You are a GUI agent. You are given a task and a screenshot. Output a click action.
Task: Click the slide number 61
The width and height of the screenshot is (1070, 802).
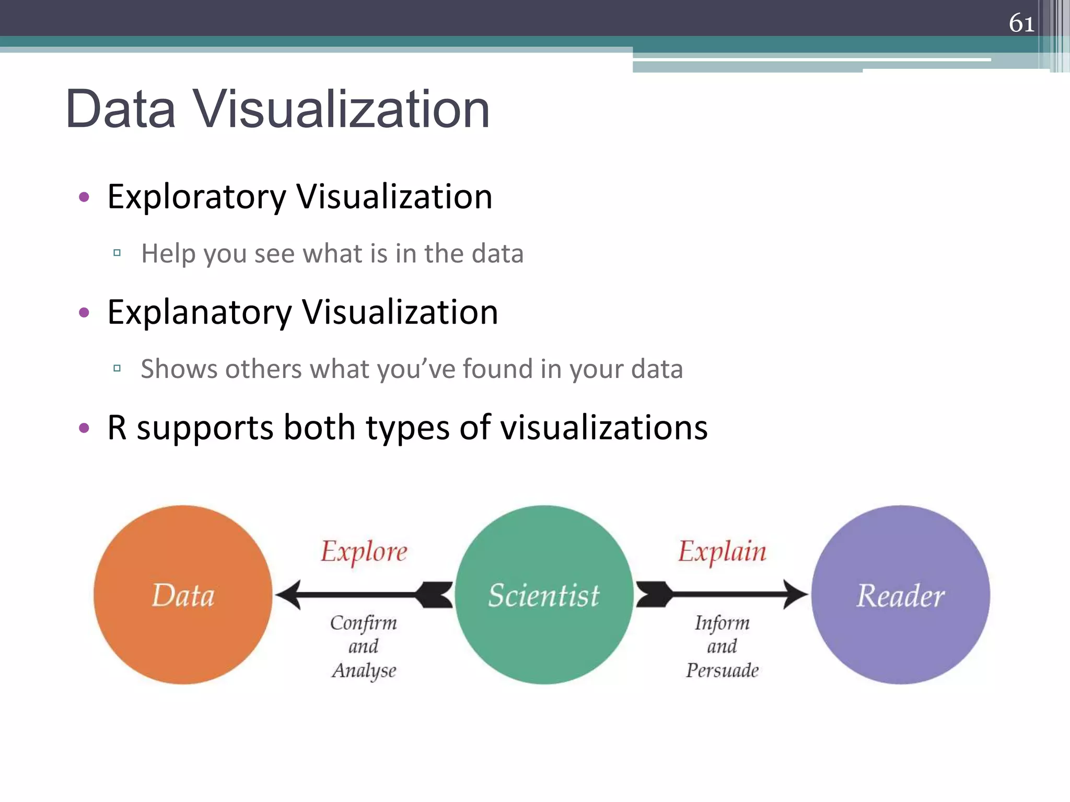[x=1021, y=23]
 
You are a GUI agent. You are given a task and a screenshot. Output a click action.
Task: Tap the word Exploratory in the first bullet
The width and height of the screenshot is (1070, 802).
[x=196, y=197]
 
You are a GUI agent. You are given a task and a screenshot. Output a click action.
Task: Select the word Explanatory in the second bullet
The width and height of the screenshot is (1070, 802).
[x=199, y=313]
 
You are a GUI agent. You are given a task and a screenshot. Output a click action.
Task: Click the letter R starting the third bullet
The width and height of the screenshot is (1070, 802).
[x=117, y=428]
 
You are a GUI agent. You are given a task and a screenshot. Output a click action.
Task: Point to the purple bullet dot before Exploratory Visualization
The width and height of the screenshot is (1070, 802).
[x=84, y=197]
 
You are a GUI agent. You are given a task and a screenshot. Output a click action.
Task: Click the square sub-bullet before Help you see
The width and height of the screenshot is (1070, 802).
[x=117, y=253]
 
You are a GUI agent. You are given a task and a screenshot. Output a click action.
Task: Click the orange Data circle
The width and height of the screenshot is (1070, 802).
[x=183, y=595]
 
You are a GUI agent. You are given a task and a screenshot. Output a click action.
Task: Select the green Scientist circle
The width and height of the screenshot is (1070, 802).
[x=543, y=595]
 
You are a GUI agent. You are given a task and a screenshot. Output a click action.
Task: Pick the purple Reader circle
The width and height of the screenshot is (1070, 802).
[x=900, y=595]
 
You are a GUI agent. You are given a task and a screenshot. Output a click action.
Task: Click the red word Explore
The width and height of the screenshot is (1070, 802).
[x=364, y=551]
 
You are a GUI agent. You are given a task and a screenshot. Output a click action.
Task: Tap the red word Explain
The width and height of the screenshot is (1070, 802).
[x=722, y=551]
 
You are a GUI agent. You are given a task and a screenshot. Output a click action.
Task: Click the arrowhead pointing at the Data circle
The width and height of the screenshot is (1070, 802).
[x=288, y=595]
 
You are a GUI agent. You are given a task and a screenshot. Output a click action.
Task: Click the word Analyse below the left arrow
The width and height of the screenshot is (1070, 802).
[x=364, y=670]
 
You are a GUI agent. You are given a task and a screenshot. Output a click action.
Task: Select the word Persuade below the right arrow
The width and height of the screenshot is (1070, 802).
[x=722, y=670]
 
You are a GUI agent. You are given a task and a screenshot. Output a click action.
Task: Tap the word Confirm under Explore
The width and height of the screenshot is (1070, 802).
[x=364, y=623]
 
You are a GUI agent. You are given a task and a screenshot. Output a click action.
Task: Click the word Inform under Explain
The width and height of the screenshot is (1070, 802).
[x=722, y=623]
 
